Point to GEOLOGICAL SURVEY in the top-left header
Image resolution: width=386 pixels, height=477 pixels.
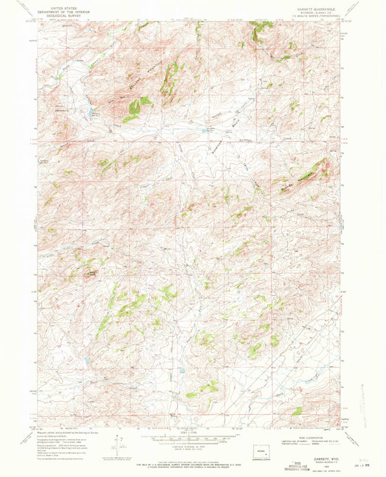[62, 16]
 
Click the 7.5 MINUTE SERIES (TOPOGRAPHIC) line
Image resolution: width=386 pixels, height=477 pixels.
[314, 17]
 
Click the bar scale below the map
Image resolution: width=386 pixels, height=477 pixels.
[190, 439]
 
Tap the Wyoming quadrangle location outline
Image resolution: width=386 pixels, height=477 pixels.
[259, 457]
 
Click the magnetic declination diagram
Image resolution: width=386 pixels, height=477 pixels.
[116, 443]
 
